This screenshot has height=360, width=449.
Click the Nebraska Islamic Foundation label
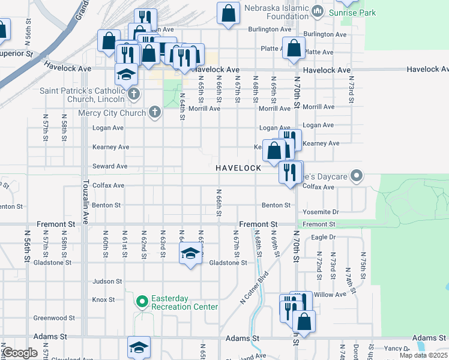point(276,11)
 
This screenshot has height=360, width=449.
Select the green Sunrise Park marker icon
point(318,10)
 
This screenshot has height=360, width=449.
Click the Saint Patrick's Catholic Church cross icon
point(133,94)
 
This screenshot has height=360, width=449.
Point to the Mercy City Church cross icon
point(154,112)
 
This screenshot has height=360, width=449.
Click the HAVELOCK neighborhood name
point(239,168)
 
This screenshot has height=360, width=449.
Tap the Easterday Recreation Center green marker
point(142,301)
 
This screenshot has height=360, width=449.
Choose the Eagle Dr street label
point(324,237)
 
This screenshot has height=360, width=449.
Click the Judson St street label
point(107,281)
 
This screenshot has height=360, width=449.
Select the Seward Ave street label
point(110,166)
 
